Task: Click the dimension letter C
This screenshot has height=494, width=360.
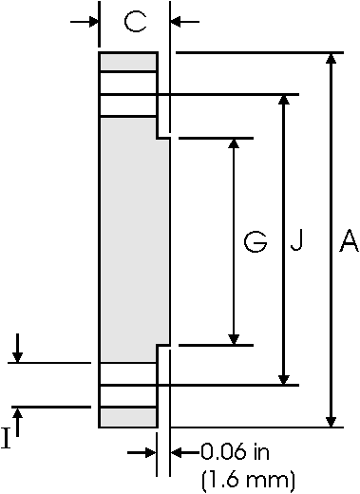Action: (135, 22)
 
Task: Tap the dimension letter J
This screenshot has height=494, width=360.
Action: (296, 243)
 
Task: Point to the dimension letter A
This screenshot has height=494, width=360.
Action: (348, 243)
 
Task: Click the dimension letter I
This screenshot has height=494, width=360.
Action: (7, 438)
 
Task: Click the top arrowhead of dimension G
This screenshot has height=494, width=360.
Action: (235, 145)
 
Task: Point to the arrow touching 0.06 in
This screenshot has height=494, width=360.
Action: (180, 453)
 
